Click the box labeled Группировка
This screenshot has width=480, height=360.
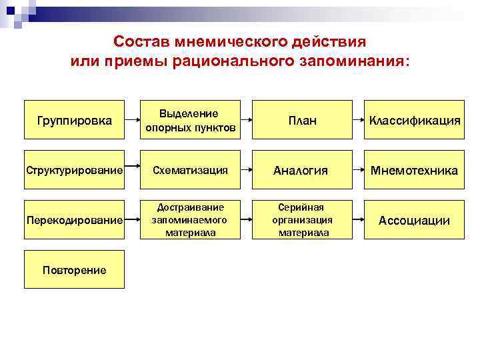click(74, 121)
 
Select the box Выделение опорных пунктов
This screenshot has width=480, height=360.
click(191, 121)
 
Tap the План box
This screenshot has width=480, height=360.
click(302, 121)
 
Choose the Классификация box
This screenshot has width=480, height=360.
click(414, 121)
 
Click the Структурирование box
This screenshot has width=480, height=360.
click(74, 171)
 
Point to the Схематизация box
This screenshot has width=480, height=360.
click(191, 171)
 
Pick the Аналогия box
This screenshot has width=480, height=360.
click(302, 171)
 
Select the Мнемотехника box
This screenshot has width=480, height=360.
click(414, 171)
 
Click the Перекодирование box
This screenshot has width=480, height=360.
click(74, 220)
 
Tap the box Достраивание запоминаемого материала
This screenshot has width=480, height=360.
click(191, 220)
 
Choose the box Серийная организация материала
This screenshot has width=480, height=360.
click(302, 220)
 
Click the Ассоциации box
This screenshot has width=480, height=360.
click(414, 220)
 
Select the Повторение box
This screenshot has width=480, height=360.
click(74, 269)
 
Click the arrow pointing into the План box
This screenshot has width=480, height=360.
click(246, 121)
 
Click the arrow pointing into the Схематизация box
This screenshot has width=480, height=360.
click(133, 171)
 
